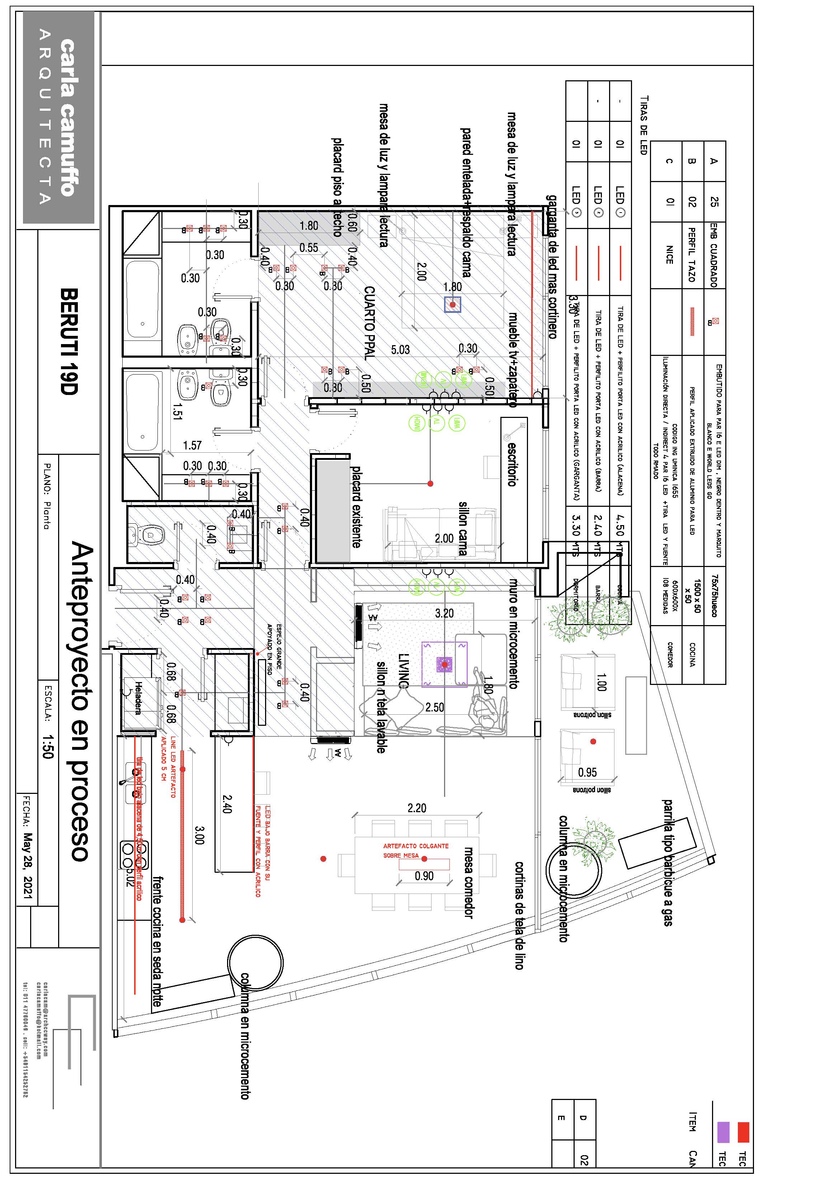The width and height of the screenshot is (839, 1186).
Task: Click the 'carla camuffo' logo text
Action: [x=67, y=118]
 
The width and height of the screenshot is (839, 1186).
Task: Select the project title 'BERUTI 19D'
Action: [x=69, y=342]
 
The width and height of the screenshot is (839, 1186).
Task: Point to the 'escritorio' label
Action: [x=512, y=463]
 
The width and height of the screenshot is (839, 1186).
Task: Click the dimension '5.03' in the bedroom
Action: [x=400, y=350]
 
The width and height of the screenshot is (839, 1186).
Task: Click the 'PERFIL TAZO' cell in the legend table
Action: [x=692, y=255]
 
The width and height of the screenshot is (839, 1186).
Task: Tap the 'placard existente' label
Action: [x=356, y=507]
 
